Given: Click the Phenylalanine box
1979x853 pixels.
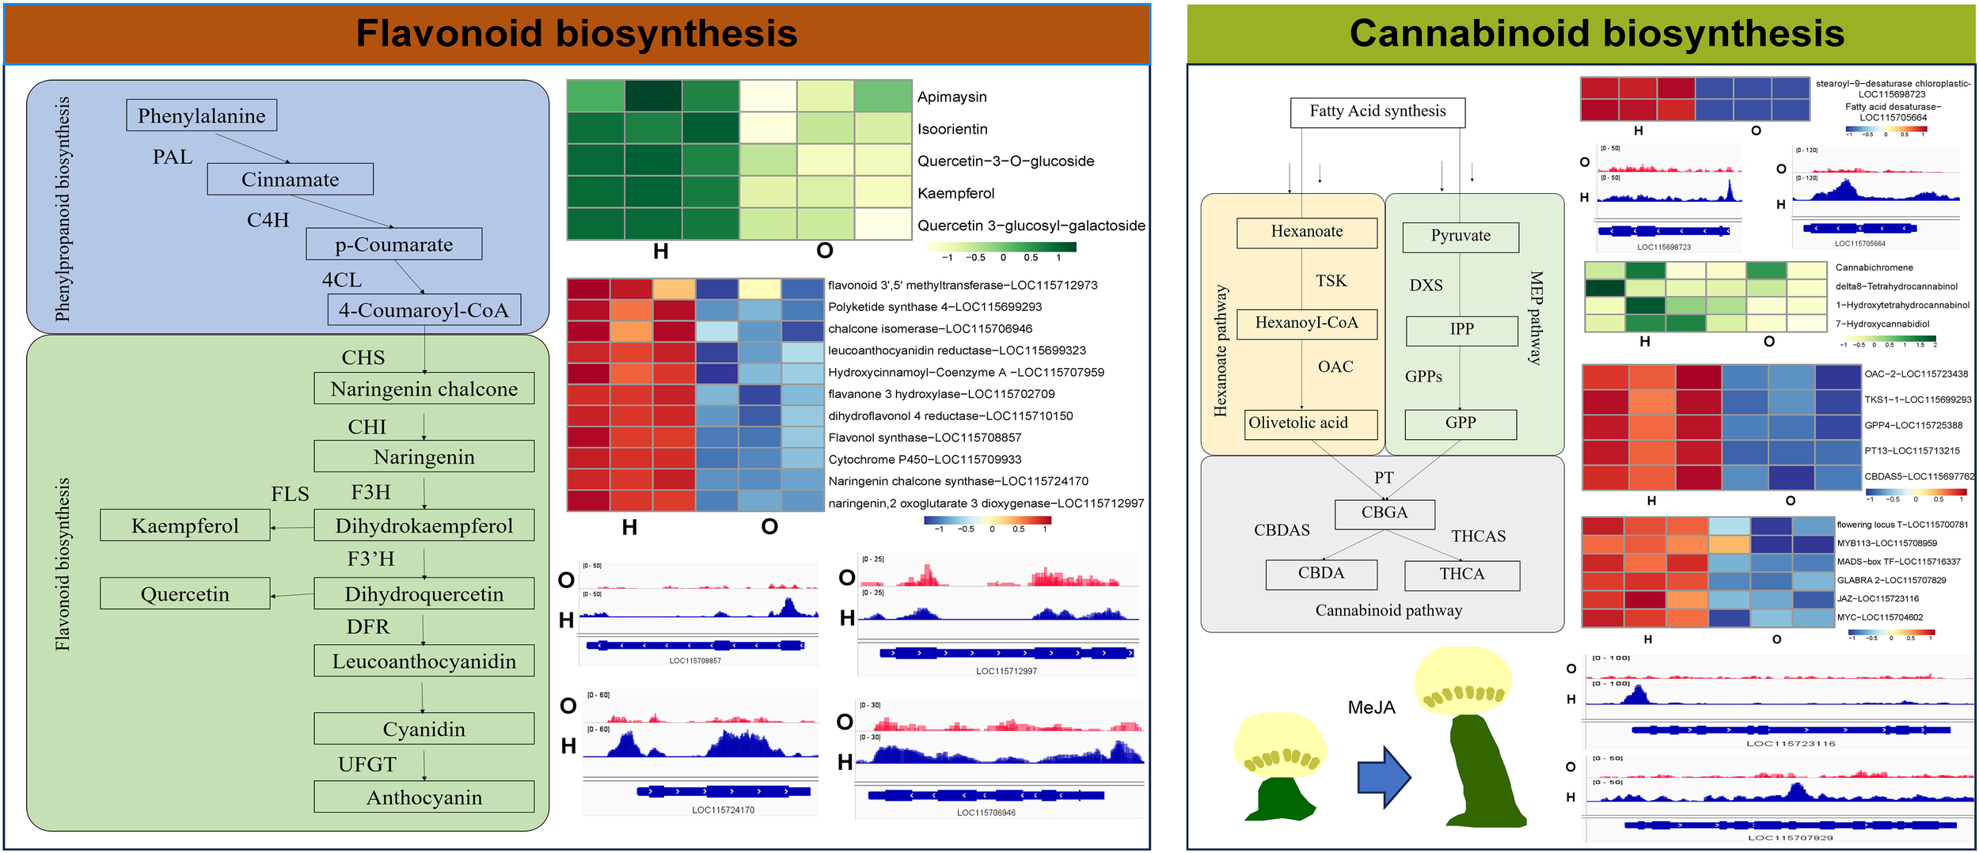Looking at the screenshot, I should click(201, 116).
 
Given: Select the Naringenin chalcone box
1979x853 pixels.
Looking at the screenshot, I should click(424, 389).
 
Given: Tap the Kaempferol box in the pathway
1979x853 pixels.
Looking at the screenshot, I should click(184, 525).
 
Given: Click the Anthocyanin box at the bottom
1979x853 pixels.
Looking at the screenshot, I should click(424, 797).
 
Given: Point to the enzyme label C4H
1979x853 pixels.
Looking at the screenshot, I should click(268, 220).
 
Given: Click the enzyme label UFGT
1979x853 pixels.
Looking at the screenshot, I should click(367, 764).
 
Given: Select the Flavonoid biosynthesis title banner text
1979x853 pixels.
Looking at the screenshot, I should click(576, 34).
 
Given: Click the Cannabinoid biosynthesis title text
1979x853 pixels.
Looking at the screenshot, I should click(1596, 34).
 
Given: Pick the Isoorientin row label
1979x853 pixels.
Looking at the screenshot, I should click(952, 129).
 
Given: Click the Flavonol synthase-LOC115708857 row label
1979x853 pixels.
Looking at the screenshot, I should click(925, 438).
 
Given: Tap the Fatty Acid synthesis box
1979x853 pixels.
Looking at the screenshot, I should click(1377, 112).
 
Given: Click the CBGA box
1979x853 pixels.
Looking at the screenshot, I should click(1385, 513).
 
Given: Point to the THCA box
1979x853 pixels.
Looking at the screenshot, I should click(1461, 574).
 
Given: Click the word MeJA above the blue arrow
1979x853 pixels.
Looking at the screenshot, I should click(1371, 707).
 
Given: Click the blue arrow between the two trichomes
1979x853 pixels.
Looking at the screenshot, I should click(1384, 777).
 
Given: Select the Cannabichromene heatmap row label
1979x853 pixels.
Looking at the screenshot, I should click(1874, 267).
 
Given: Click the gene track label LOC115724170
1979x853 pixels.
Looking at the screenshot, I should click(723, 809).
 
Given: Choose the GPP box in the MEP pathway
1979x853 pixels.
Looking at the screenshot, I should click(1461, 423).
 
